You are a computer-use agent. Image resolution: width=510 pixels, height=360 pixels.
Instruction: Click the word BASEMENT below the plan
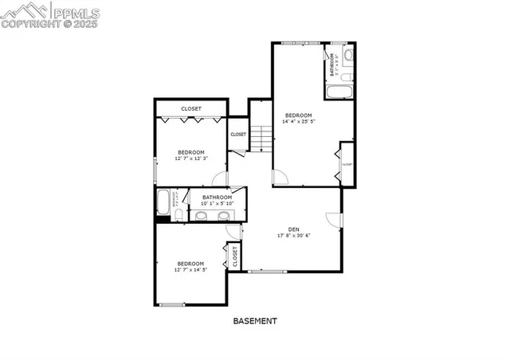[x=255, y=322]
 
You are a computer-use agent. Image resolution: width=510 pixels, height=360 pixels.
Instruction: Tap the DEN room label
[x=293, y=229]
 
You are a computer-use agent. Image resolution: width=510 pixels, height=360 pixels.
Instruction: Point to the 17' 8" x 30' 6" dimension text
[x=293, y=236]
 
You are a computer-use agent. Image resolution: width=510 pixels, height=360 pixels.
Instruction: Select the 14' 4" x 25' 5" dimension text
[x=299, y=123]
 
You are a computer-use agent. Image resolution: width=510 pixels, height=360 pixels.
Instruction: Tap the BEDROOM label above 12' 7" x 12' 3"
[x=191, y=152]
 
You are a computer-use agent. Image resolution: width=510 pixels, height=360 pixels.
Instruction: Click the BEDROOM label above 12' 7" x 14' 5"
[x=190, y=264]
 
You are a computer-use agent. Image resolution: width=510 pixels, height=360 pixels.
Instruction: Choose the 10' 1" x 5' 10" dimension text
[x=217, y=204]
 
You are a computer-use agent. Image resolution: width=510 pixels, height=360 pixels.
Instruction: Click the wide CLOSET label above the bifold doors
[x=191, y=108]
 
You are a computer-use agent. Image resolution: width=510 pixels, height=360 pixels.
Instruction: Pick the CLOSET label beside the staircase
[x=238, y=134]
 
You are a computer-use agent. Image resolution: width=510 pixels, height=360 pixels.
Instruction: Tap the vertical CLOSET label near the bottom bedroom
[x=235, y=257]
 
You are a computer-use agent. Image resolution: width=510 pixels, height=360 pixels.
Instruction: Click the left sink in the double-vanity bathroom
[x=200, y=216]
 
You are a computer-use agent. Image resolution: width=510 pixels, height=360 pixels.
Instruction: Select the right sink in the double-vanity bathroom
[x=223, y=216]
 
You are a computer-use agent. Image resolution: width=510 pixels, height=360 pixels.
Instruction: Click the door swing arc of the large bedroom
[x=280, y=177]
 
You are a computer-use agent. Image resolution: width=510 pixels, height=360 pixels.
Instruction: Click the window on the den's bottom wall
[x=267, y=272]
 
